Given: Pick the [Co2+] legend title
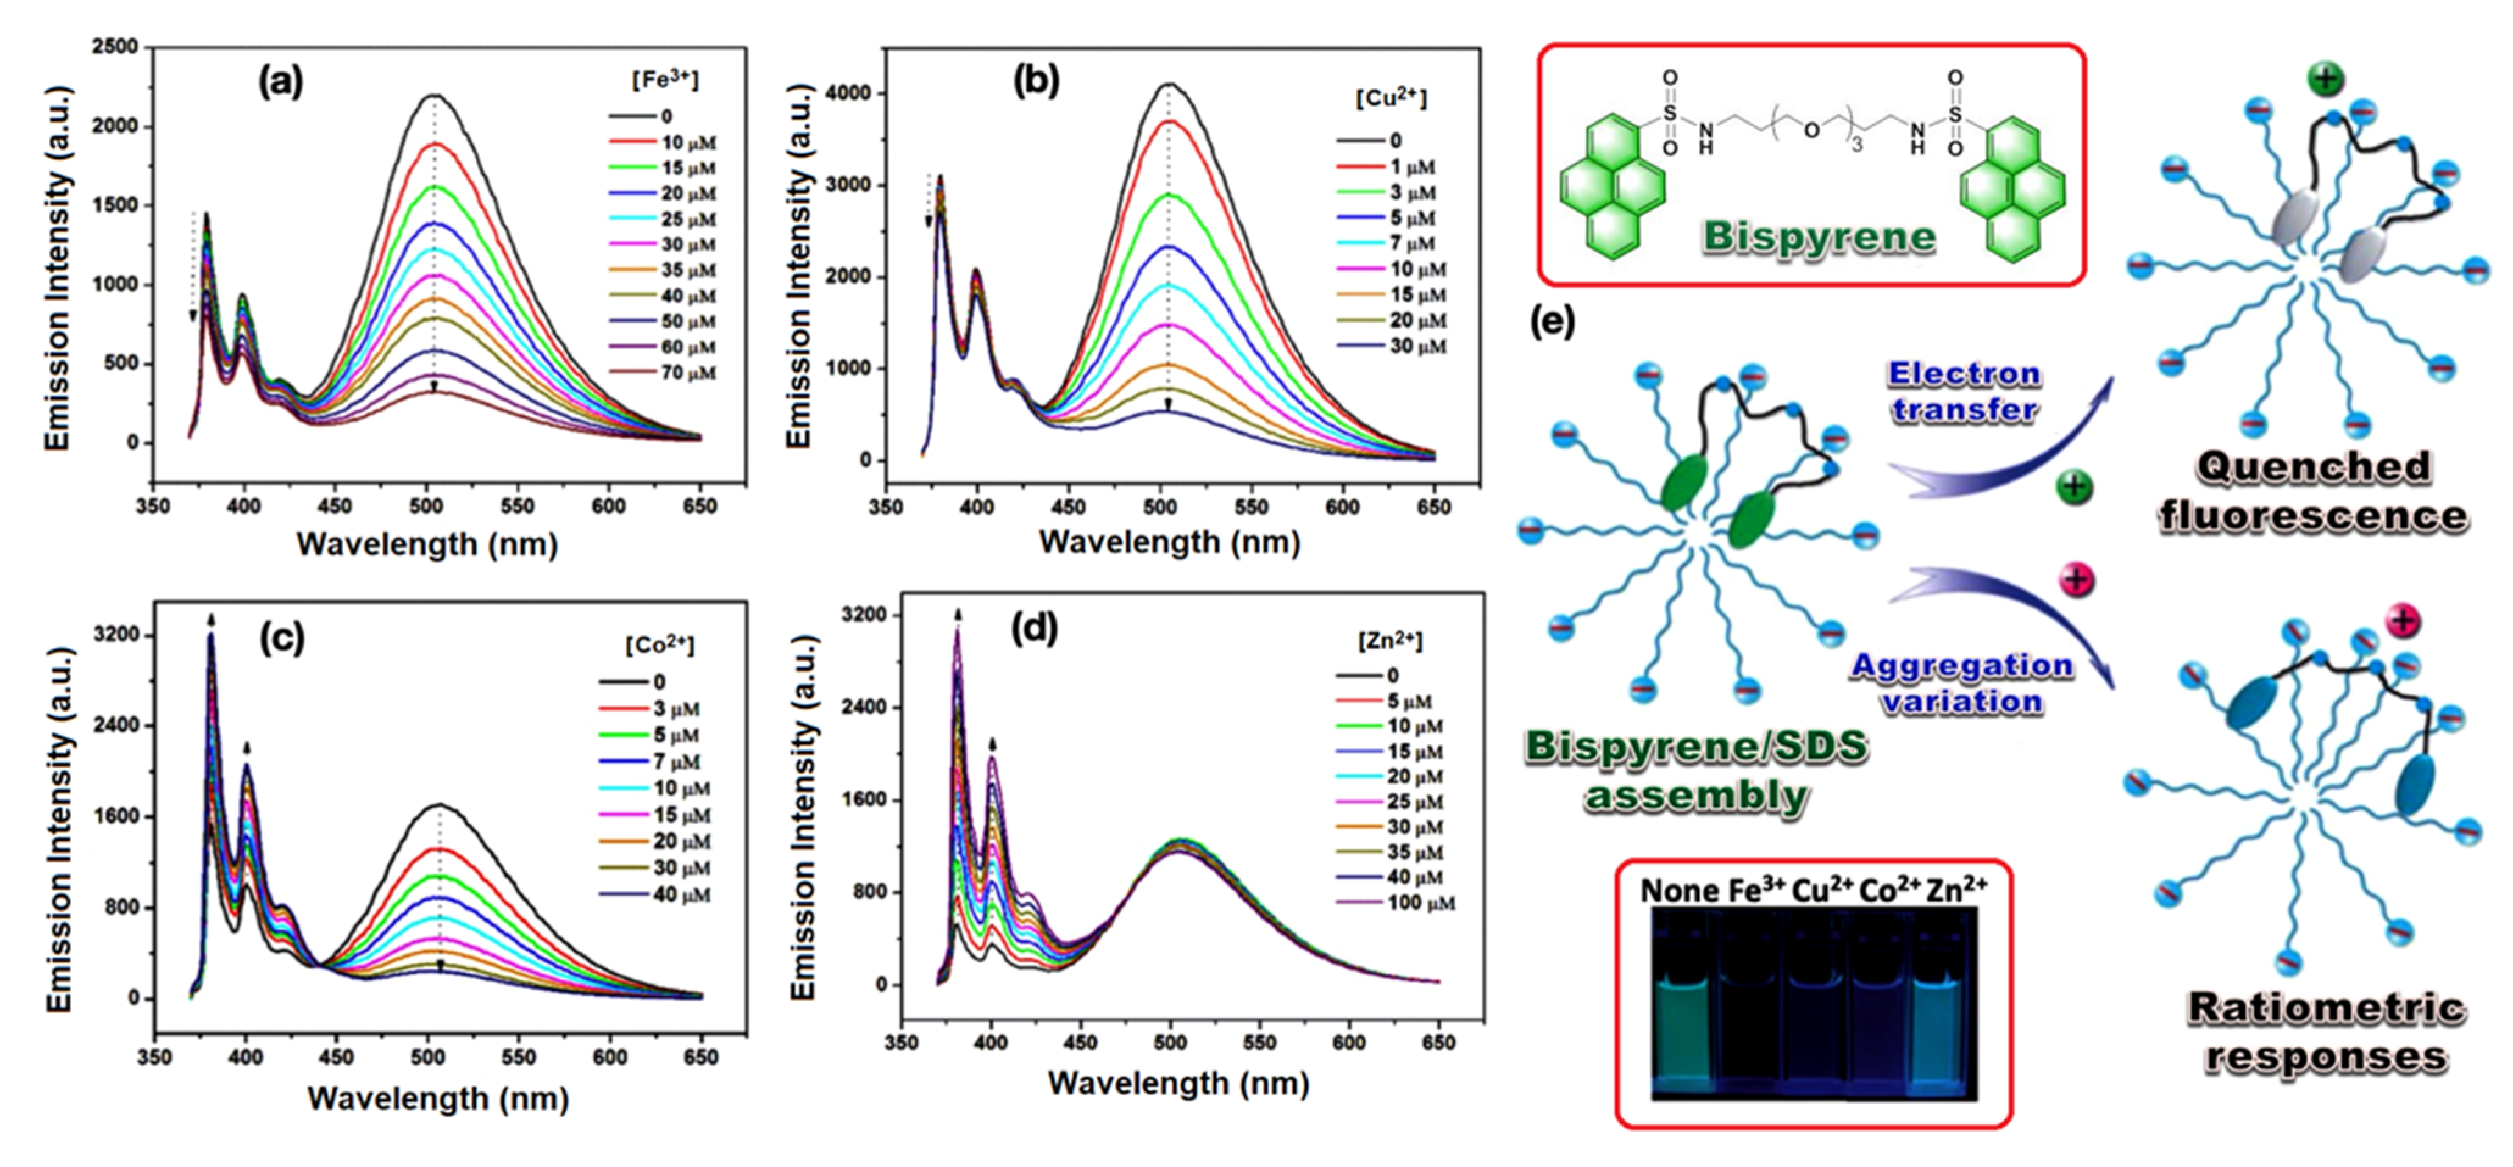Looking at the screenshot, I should [x=660, y=646].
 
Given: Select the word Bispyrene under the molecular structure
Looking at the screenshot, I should [x=1819, y=238].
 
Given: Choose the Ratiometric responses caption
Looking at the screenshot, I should [x=2326, y=1032].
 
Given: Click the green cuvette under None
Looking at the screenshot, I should [x=1683, y=1024].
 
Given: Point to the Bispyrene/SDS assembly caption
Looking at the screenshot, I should [x=1695, y=771].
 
